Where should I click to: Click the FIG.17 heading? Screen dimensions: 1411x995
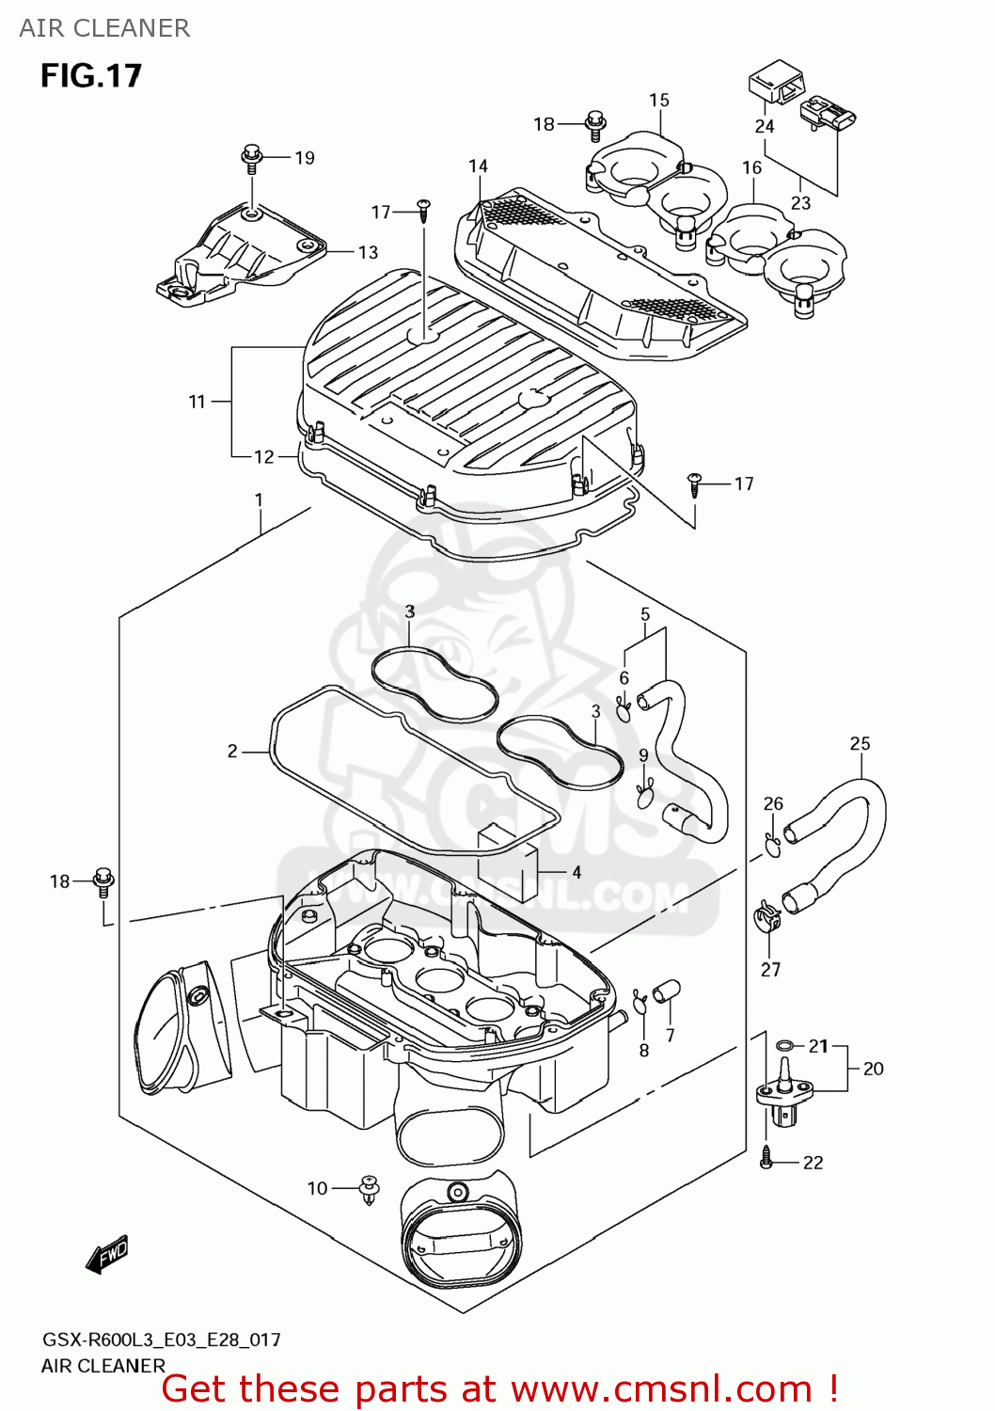(90, 75)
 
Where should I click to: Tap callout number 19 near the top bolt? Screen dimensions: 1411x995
(304, 158)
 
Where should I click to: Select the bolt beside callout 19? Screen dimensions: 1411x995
(251, 157)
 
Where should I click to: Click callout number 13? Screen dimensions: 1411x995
(368, 252)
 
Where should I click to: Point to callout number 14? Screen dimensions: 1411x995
(478, 166)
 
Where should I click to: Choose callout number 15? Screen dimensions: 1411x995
(658, 100)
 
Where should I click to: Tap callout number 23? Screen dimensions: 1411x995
(800, 203)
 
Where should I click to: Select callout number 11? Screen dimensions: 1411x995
(197, 402)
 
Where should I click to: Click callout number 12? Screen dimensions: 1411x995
(264, 456)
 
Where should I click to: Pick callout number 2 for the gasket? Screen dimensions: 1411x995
(232, 751)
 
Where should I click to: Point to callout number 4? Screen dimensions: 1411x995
(576, 872)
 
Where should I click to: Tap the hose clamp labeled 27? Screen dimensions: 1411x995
(767, 917)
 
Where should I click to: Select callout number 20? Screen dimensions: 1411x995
(873, 1069)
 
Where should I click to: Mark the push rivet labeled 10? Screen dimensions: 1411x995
(370, 1189)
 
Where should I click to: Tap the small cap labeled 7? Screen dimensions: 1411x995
(668, 991)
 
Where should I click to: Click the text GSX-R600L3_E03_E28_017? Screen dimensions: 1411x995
(161, 1340)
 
